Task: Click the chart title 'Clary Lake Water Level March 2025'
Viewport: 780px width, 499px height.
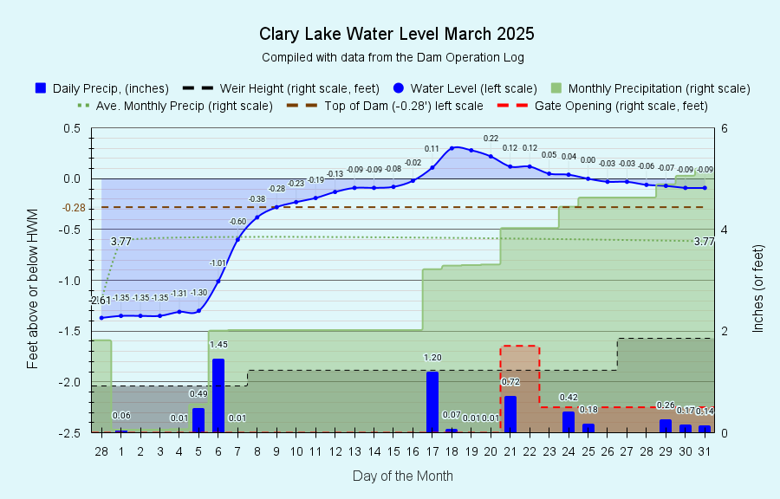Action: coord(396,34)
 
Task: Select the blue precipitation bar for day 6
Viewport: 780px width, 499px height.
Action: coord(218,396)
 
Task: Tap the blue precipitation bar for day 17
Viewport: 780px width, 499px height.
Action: coord(432,402)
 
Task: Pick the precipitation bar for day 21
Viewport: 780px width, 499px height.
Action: coord(510,414)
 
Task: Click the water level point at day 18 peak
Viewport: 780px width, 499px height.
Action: coord(452,148)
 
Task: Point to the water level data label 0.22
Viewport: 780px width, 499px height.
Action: coord(491,138)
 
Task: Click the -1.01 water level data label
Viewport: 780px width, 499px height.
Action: coord(218,262)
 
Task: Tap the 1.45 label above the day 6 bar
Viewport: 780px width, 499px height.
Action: coord(218,345)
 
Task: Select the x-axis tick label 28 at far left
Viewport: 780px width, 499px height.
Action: coord(101,451)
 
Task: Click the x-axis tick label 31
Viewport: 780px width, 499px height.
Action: coord(705,451)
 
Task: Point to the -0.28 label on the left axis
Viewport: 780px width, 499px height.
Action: coord(74,208)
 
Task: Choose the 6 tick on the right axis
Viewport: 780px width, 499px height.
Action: coord(725,129)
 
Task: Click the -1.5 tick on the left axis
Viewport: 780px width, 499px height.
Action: coord(69,331)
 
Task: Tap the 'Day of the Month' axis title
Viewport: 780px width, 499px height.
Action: coord(403,476)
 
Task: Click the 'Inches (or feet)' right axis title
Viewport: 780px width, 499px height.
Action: coord(757,288)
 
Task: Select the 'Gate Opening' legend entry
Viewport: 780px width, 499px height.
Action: coord(602,106)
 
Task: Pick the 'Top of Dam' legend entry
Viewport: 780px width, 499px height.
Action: coord(385,106)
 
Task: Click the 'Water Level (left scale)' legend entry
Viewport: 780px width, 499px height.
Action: coord(465,88)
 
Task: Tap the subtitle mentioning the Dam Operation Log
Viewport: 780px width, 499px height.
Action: coord(393,57)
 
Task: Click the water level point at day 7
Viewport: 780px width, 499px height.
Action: coord(237,240)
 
